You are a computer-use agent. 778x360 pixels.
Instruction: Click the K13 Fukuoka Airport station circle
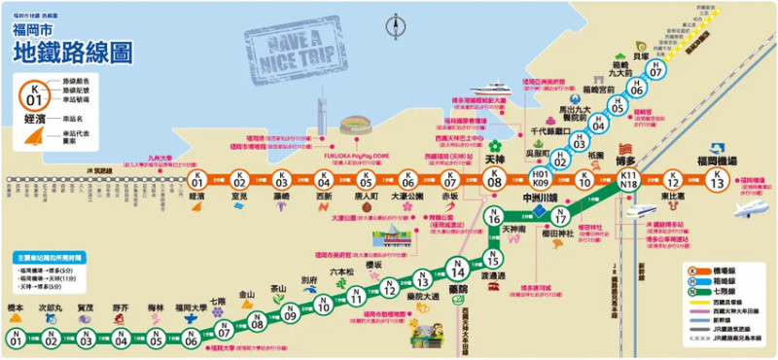[x=717, y=180]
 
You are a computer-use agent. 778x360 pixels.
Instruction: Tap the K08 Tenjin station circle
[x=494, y=180]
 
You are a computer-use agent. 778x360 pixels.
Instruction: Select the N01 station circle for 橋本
[x=16, y=338]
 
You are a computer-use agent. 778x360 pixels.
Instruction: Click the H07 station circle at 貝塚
[x=656, y=71]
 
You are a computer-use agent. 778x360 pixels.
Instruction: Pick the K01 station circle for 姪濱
[x=196, y=180]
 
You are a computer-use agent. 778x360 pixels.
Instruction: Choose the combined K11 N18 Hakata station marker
[x=628, y=179]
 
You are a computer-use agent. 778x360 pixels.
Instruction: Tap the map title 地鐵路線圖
[x=72, y=52]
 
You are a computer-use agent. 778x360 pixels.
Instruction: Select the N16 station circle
[x=494, y=217]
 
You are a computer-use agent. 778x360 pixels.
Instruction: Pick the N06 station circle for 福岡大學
[x=192, y=338]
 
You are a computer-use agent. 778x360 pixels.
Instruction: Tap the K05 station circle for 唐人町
[x=366, y=180]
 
